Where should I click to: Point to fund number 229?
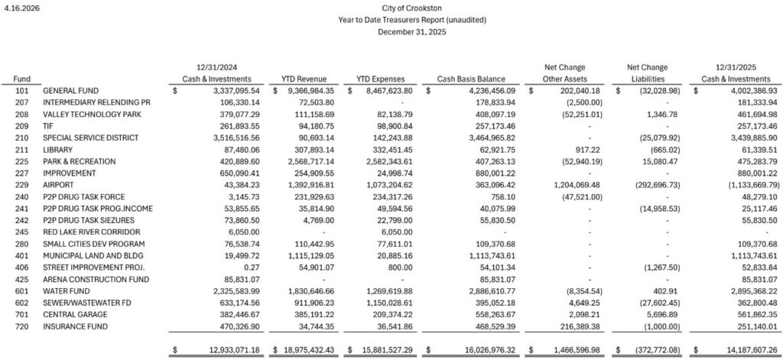click(21, 185)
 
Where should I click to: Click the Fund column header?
click(22, 79)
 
